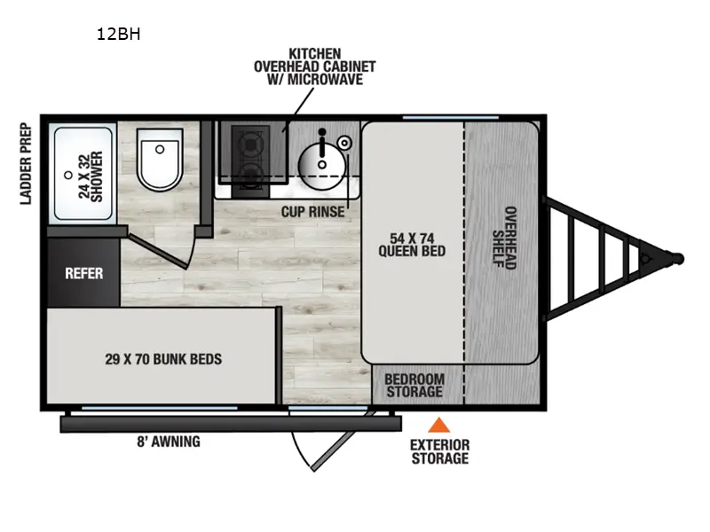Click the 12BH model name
click(x=119, y=35)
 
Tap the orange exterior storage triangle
click(x=438, y=426)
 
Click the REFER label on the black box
click(x=83, y=273)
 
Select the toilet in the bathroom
click(x=160, y=160)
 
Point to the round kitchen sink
click(x=316, y=160)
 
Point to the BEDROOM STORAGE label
click(x=413, y=386)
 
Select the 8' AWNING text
click(x=170, y=442)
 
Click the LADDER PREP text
click(x=27, y=163)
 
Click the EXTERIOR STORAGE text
click(x=438, y=451)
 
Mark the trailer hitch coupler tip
click(x=678, y=258)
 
